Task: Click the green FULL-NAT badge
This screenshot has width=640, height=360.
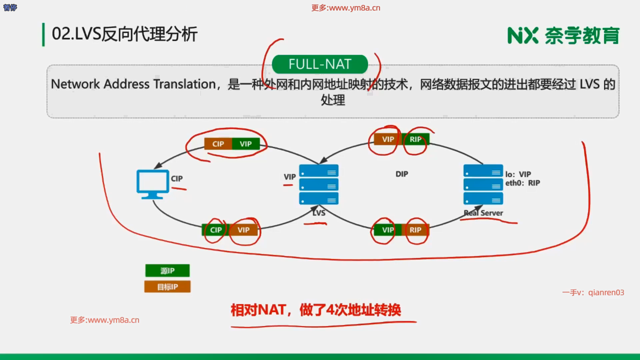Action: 320,64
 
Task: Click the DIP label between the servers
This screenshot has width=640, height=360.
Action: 402,174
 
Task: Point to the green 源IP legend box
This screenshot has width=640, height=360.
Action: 167,271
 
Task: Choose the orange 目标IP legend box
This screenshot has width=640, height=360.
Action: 167,287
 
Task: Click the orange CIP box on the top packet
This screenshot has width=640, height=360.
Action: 218,144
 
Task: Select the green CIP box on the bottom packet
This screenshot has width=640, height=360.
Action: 216,230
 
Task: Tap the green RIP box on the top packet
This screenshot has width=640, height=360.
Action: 415,139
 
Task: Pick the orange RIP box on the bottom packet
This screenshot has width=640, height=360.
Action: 415,230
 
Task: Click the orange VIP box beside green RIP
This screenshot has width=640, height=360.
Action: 388,139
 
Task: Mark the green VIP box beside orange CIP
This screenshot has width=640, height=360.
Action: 246,144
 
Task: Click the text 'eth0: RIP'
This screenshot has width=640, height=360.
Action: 522,183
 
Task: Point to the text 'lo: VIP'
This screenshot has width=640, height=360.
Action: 518,174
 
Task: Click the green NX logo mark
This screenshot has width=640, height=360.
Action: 523,36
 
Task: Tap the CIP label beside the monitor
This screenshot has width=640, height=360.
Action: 177,179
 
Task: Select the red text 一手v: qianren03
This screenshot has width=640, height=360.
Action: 593,293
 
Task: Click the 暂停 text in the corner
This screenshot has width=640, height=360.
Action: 10,8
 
